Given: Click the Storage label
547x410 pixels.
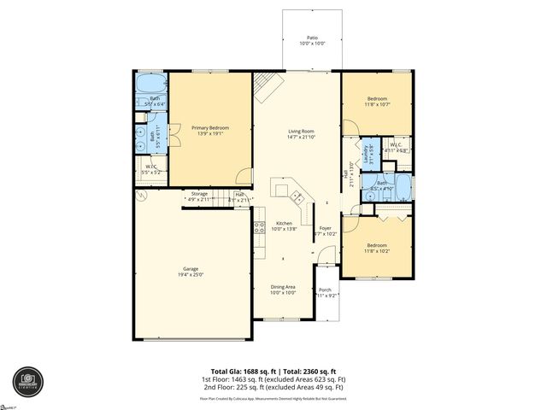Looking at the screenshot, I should pos(199,195).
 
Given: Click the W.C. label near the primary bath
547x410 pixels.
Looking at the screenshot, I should pos(150,167).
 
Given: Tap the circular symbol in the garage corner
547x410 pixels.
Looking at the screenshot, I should pos(142,196).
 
